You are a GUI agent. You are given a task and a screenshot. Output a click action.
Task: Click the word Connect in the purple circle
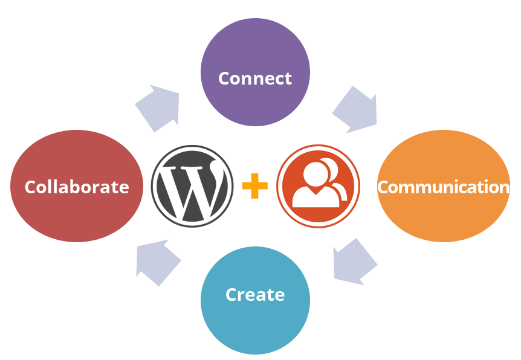click(254, 79)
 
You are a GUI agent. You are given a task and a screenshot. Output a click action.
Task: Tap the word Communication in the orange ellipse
click(443, 187)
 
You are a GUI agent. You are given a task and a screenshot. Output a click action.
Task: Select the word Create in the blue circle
click(254, 295)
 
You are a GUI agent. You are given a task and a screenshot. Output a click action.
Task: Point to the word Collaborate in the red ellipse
click(77, 187)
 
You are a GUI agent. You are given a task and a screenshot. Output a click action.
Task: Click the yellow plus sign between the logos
click(254, 186)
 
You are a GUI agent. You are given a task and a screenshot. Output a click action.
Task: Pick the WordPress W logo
click(192, 186)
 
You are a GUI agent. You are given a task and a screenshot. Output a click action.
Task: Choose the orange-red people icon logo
click(318, 186)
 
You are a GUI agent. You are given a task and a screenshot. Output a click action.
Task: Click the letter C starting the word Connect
click(224, 79)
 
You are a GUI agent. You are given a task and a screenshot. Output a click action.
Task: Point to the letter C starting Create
click(231, 295)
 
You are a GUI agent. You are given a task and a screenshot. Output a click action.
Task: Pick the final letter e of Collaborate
click(124, 188)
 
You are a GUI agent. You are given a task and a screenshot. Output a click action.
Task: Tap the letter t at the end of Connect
click(288, 79)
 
